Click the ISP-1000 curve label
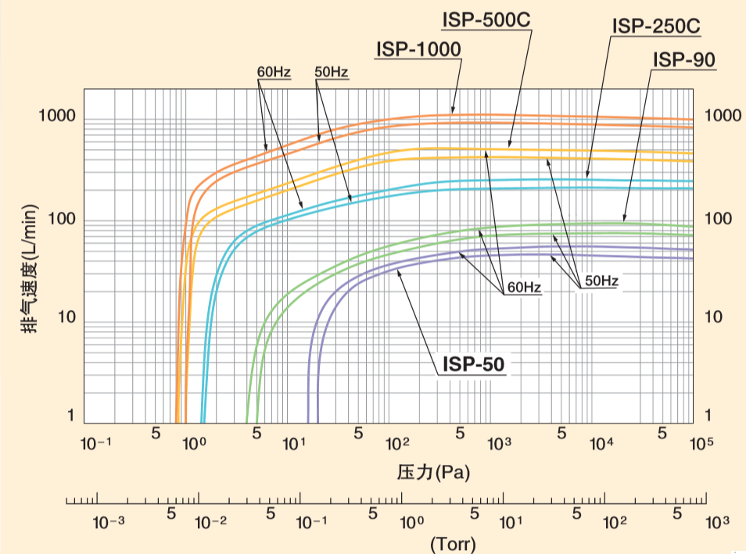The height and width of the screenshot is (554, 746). (x=418, y=49)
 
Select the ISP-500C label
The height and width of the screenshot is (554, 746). (x=486, y=20)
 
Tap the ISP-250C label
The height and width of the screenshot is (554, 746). (x=655, y=27)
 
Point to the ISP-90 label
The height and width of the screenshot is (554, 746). (x=683, y=59)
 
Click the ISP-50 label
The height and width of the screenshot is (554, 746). (x=474, y=364)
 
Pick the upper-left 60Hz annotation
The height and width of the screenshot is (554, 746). (x=274, y=73)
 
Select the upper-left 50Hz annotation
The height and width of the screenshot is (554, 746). (x=332, y=73)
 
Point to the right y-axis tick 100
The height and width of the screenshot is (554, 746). (x=719, y=219)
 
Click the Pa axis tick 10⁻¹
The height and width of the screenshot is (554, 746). (x=98, y=444)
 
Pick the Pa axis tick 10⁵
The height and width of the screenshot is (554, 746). (x=701, y=444)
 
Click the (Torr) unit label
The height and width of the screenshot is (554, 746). (x=453, y=543)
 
